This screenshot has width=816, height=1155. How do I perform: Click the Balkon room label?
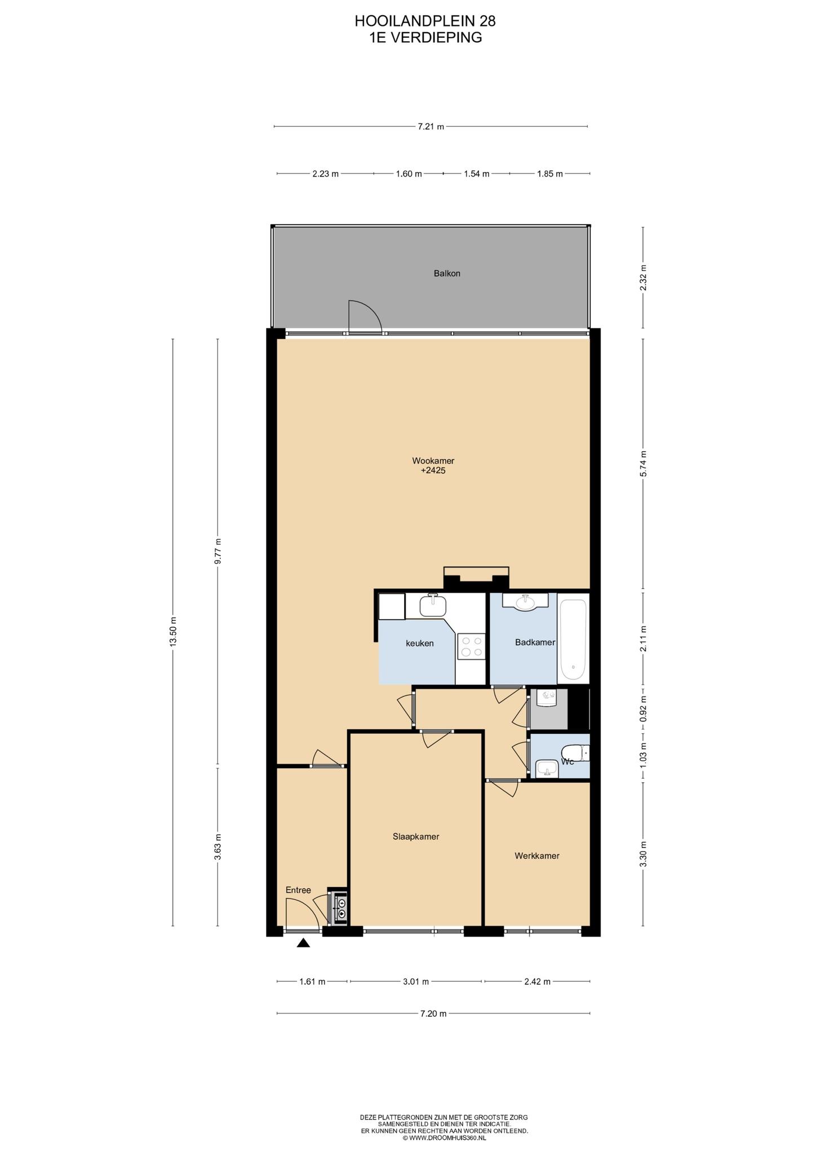coord(447,274)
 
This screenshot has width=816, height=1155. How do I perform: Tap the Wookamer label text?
coord(433,461)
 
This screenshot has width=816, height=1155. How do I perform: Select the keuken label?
coord(420,643)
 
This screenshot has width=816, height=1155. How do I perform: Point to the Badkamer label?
coord(535,642)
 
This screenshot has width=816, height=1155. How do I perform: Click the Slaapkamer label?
coord(416,836)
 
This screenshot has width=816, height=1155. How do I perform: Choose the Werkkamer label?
coord(537,856)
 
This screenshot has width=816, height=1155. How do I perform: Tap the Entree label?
coord(298,890)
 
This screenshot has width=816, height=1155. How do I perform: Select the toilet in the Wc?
coord(575,752)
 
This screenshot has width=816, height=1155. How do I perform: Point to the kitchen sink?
coord(433,606)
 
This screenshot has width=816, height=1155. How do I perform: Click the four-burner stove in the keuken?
coord(471,646)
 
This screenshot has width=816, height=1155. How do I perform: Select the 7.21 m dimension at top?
coord(431,127)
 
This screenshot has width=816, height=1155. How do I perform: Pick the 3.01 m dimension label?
coord(416,981)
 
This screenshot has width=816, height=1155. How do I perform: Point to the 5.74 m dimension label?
coord(643,464)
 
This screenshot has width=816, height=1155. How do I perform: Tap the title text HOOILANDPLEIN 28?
coord(425,21)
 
